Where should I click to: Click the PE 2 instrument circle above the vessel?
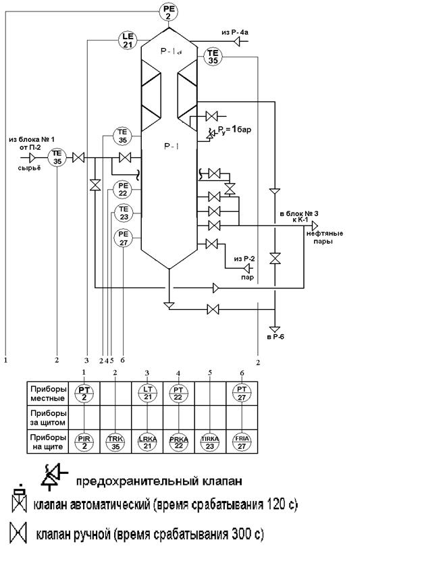point(169,11)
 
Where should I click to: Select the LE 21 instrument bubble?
point(128,40)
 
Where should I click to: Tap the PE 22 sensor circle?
point(123,190)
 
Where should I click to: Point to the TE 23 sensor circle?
point(123,213)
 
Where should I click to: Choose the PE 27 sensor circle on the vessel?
point(123,237)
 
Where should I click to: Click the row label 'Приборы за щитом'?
point(48,416)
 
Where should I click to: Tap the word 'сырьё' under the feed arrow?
point(29,167)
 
